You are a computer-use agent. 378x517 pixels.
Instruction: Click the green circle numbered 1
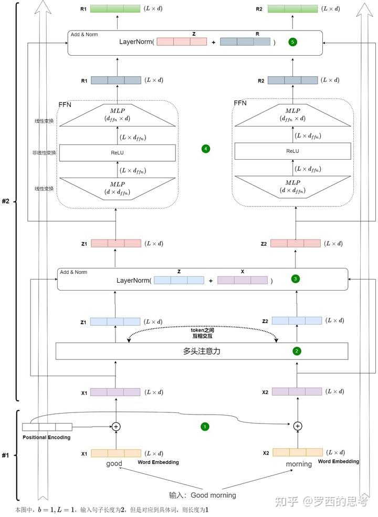click(205, 427)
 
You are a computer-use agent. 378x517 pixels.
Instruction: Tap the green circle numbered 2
click(297, 351)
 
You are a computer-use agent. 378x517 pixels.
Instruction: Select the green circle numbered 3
click(296, 279)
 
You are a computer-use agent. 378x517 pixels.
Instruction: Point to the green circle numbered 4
click(205, 149)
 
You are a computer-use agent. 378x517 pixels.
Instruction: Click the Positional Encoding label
click(46, 438)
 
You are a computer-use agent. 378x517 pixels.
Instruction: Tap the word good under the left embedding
click(114, 463)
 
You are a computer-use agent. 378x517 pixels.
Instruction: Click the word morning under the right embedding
click(299, 464)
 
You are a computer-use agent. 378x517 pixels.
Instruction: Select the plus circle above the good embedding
click(116, 426)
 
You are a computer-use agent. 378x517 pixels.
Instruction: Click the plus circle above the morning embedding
click(297, 426)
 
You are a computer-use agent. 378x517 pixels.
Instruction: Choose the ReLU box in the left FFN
click(117, 152)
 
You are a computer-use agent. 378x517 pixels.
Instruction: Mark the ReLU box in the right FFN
click(292, 151)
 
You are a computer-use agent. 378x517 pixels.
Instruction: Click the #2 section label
click(7, 201)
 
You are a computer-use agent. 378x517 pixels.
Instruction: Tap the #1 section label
click(6, 455)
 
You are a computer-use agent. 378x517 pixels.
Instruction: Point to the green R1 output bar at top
click(115, 8)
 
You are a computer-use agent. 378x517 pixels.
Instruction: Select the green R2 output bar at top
click(292, 8)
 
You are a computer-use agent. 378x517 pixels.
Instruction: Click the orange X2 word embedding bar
click(298, 452)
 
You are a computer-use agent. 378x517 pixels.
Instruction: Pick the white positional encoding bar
click(47, 427)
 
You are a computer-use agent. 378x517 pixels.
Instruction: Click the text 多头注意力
click(202, 351)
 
